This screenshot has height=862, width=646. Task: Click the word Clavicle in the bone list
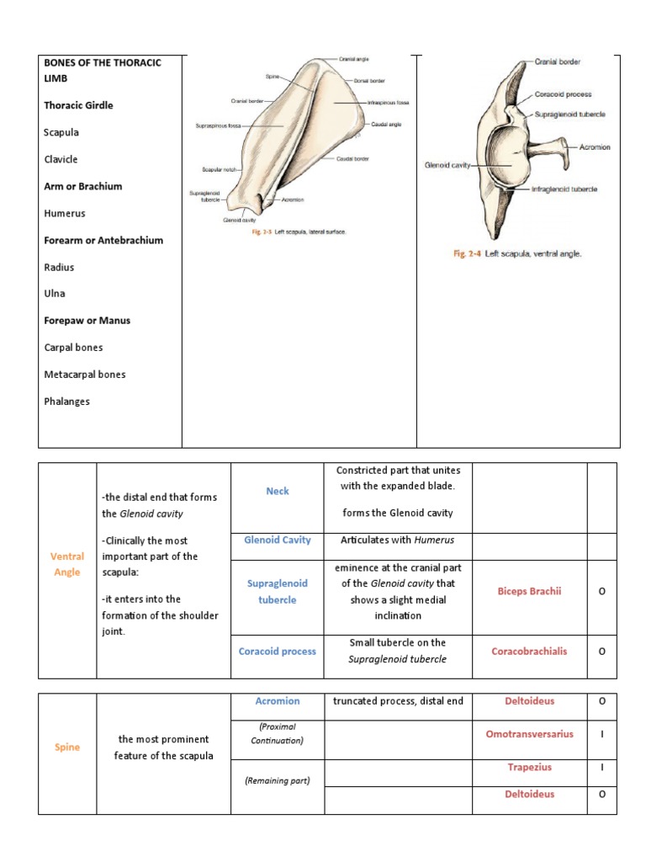(x=61, y=159)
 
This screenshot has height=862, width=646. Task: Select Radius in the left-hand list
(x=59, y=267)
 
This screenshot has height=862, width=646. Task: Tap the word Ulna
(x=54, y=294)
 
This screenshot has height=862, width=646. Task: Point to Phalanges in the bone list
(x=66, y=402)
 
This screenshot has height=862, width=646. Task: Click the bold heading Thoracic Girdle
(x=78, y=105)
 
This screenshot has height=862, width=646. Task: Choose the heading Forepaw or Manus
(x=87, y=321)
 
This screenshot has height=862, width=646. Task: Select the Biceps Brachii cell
(x=529, y=591)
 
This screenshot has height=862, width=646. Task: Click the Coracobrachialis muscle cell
(x=529, y=651)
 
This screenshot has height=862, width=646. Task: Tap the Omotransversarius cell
(x=529, y=734)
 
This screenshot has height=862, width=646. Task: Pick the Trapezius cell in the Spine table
(x=529, y=768)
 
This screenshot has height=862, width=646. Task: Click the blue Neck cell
(x=278, y=492)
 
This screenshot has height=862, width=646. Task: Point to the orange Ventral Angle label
(x=67, y=564)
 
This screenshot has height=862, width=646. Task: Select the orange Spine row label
(x=67, y=748)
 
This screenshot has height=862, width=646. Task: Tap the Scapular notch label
(x=218, y=169)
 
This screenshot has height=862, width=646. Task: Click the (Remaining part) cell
(x=278, y=780)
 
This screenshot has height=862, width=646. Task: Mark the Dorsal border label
(x=369, y=81)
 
